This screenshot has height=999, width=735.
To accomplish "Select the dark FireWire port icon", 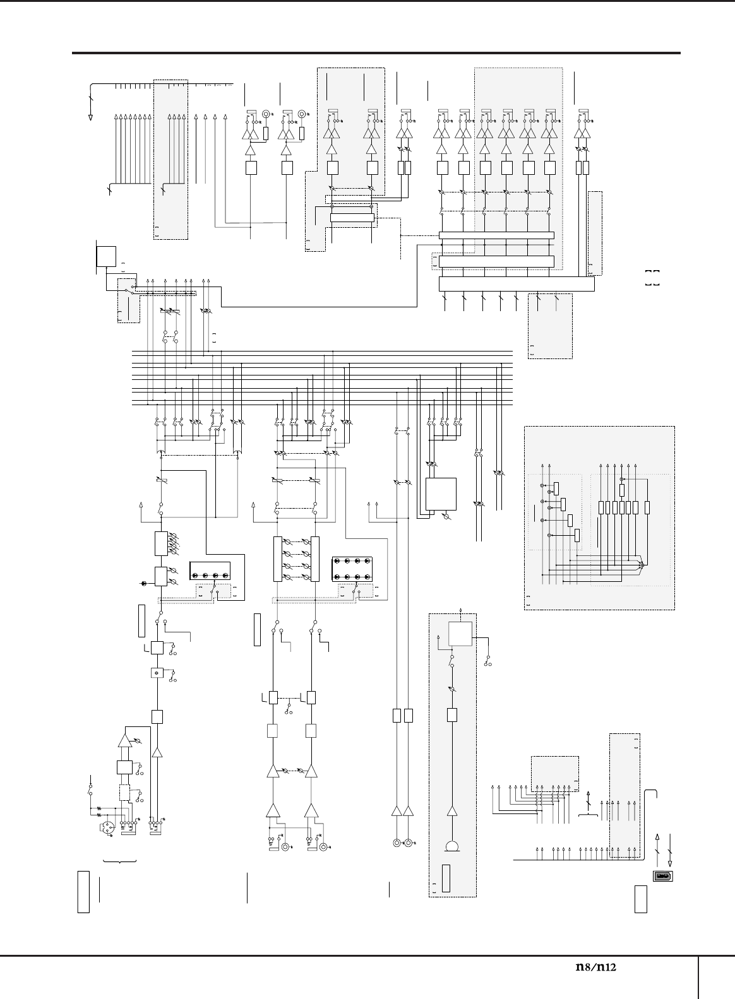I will click(662, 876).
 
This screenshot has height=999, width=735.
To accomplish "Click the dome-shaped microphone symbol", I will click(452, 847).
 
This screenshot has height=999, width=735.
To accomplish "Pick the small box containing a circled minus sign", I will click(157, 673).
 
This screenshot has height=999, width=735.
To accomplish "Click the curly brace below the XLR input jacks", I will click(119, 860).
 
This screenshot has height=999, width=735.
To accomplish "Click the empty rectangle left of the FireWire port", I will click(640, 899).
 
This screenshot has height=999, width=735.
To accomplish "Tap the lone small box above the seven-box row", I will click(622, 490).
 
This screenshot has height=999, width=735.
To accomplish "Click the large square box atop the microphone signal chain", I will click(460, 634).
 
